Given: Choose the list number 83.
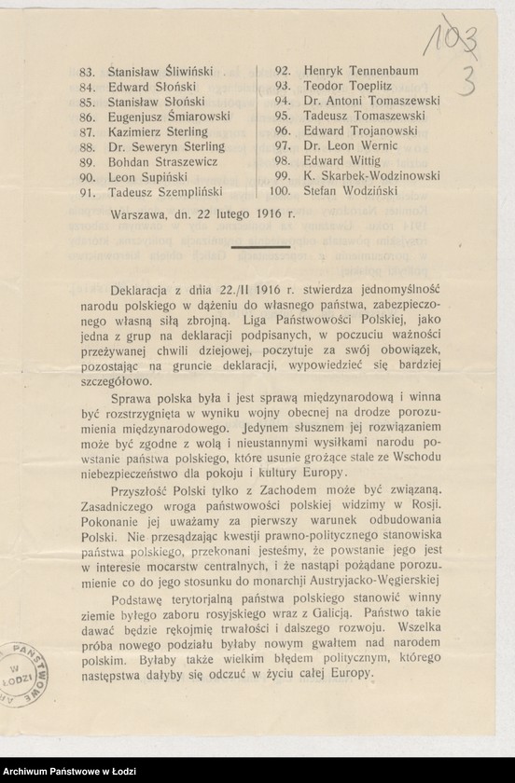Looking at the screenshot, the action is coord(90,71).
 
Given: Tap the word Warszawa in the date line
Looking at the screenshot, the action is coord(137,213).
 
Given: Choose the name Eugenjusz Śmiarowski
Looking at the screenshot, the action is coord(169,117).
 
